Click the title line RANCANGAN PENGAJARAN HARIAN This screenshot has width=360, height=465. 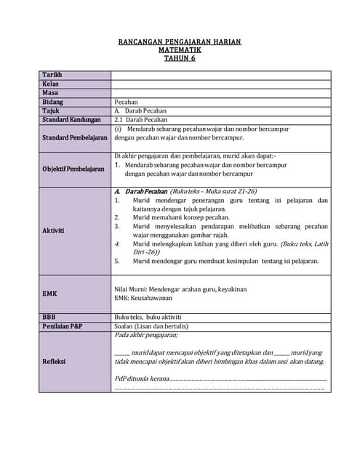coord(180,43)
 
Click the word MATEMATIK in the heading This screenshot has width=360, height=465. coord(180,51)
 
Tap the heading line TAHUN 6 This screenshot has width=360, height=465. coord(180,59)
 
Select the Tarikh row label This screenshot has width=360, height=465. coord(52,75)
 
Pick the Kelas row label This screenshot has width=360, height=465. coord(50,84)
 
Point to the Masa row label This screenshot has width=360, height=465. coord(50,93)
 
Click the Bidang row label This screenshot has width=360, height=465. coord(53,102)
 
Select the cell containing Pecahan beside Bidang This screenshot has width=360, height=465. coord(127,102)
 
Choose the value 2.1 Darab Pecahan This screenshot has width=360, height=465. coord(141,120)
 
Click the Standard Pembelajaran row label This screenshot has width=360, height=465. coord(75,137)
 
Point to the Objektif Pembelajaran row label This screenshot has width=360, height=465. coord(73,169)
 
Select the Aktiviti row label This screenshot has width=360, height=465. coord(54,230)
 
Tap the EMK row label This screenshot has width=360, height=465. coord(49,294)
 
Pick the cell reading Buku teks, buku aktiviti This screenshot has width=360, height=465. coord(148,318)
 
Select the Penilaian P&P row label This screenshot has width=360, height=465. coord(63,326)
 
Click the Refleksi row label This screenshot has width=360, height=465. coord(55,361)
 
